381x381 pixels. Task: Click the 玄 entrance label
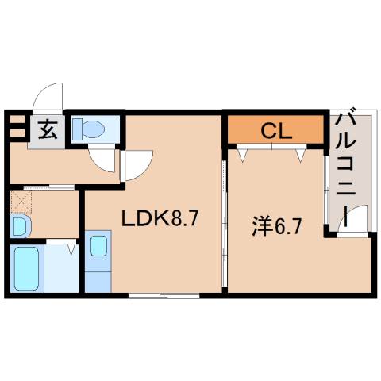[x=48, y=129]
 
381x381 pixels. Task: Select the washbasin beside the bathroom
[x=19, y=227]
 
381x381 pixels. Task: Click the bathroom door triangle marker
[x=71, y=249]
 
